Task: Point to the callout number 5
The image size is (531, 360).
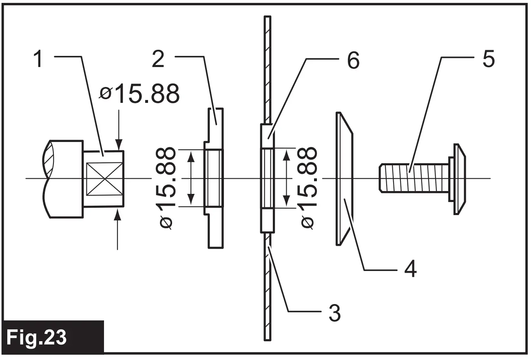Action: point(488,60)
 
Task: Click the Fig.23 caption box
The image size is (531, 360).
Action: point(53,337)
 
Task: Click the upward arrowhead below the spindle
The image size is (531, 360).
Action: point(118,213)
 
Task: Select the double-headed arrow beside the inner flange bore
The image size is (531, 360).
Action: point(190,178)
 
